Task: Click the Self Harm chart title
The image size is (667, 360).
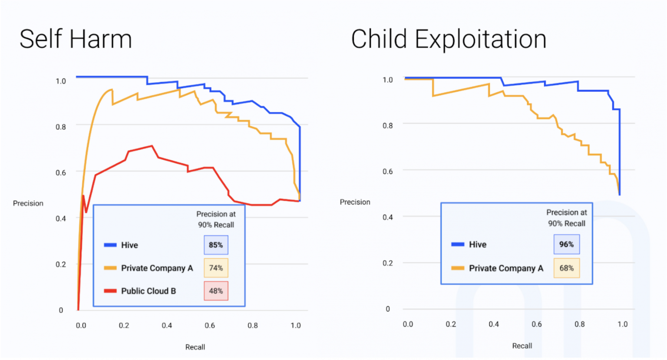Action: click(76, 39)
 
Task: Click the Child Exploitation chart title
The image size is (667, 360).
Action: click(448, 39)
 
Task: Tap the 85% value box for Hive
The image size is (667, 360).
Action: click(216, 245)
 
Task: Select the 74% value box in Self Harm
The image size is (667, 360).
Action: click(216, 268)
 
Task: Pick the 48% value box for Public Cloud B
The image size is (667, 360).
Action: click(216, 291)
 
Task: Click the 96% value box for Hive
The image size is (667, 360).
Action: click(566, 244)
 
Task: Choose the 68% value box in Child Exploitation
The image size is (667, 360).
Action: click(566, 268)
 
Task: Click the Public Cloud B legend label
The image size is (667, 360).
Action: click(149, 291)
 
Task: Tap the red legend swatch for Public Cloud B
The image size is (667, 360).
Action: click(110, 291)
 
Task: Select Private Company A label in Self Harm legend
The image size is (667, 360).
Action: click(157, 268)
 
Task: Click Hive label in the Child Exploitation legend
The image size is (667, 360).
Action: click(478, 244)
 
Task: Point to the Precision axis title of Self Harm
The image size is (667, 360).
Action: click(28, 203)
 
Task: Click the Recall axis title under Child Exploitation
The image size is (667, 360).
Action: click(522, 346)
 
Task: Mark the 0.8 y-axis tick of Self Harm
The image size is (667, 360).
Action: click(61, 127)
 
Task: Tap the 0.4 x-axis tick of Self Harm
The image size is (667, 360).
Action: click(167, 325)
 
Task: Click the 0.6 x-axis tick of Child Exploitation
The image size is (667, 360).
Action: click(537, 324)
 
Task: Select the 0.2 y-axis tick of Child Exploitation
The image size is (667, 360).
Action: click(388, 263)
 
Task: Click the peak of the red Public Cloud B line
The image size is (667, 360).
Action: click(152, 146)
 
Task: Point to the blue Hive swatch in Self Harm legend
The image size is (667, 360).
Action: click(110, 245)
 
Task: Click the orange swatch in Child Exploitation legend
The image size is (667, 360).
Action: click(458, 268)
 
